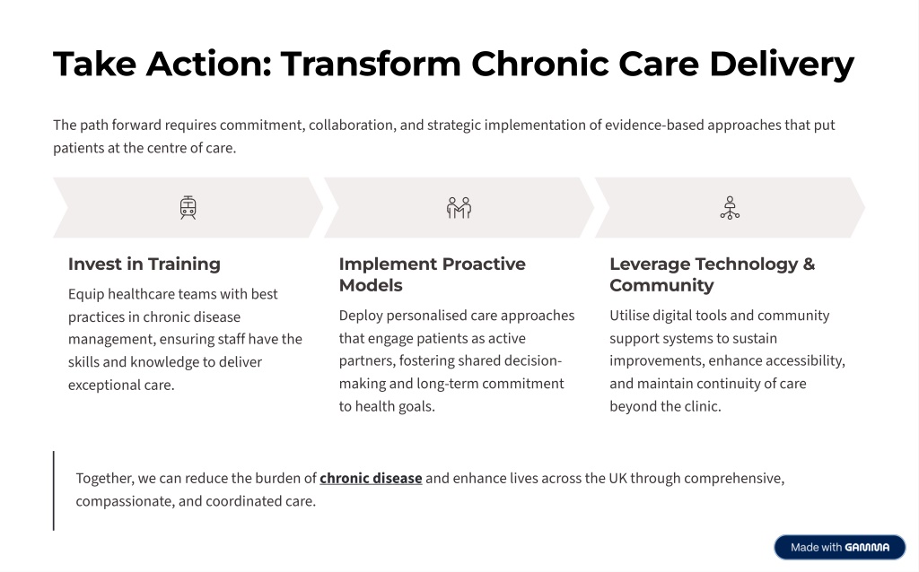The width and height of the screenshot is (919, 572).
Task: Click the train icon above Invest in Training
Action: (x=188, y=208)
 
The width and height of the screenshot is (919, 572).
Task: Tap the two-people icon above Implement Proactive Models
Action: (x=459, y=208)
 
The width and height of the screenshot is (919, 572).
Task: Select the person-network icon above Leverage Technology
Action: (x=730, y=208)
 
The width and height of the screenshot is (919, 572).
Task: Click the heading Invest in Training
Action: (x=144, y=264)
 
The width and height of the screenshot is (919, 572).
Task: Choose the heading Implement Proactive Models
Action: (x=432, y=274)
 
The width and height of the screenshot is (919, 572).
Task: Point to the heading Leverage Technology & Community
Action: (x=712, y=274)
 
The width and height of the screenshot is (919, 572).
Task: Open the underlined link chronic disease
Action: (x=371, y=479)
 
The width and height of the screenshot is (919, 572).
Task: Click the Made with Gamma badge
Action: (x=840, y=548)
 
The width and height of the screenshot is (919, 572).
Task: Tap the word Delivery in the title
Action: (x=782, y=64)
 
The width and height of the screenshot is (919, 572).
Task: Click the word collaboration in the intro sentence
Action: (x=351, y=126)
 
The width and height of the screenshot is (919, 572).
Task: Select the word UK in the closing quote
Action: (x=617, y=479)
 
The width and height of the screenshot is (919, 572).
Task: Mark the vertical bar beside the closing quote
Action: (x=54, y=490)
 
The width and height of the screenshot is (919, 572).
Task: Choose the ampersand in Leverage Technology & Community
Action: (x=809, y=264)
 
